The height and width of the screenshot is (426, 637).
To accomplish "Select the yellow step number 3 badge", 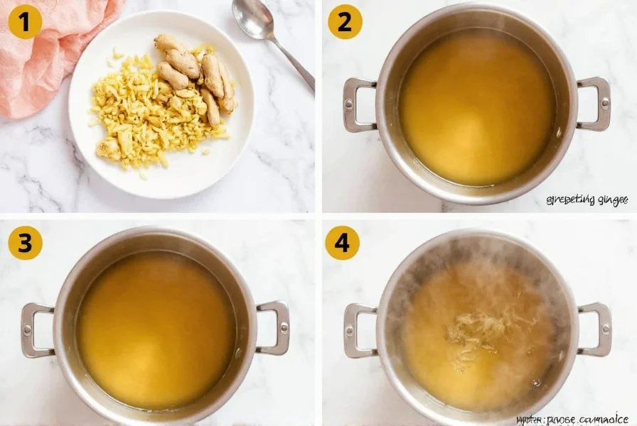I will (x=25, y=244).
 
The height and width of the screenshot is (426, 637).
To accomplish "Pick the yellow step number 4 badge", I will (x=342, y=244).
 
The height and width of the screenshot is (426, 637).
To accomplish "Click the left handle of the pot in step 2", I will (x=358, y=105).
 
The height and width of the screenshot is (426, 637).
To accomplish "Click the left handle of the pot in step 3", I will (x=36, y=330).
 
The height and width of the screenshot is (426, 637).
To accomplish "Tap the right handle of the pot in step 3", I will (x=274, y=327).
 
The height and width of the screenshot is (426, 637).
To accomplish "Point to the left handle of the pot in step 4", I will (x=359, y=330).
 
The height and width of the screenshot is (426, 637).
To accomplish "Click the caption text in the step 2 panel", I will (x=587, y=200).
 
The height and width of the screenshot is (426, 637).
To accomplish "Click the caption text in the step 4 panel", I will (x=572, y=419).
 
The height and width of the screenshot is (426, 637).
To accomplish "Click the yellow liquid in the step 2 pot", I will (x=476, y=106).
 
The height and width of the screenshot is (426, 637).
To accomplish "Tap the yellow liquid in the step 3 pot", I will (x=156, y=330).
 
